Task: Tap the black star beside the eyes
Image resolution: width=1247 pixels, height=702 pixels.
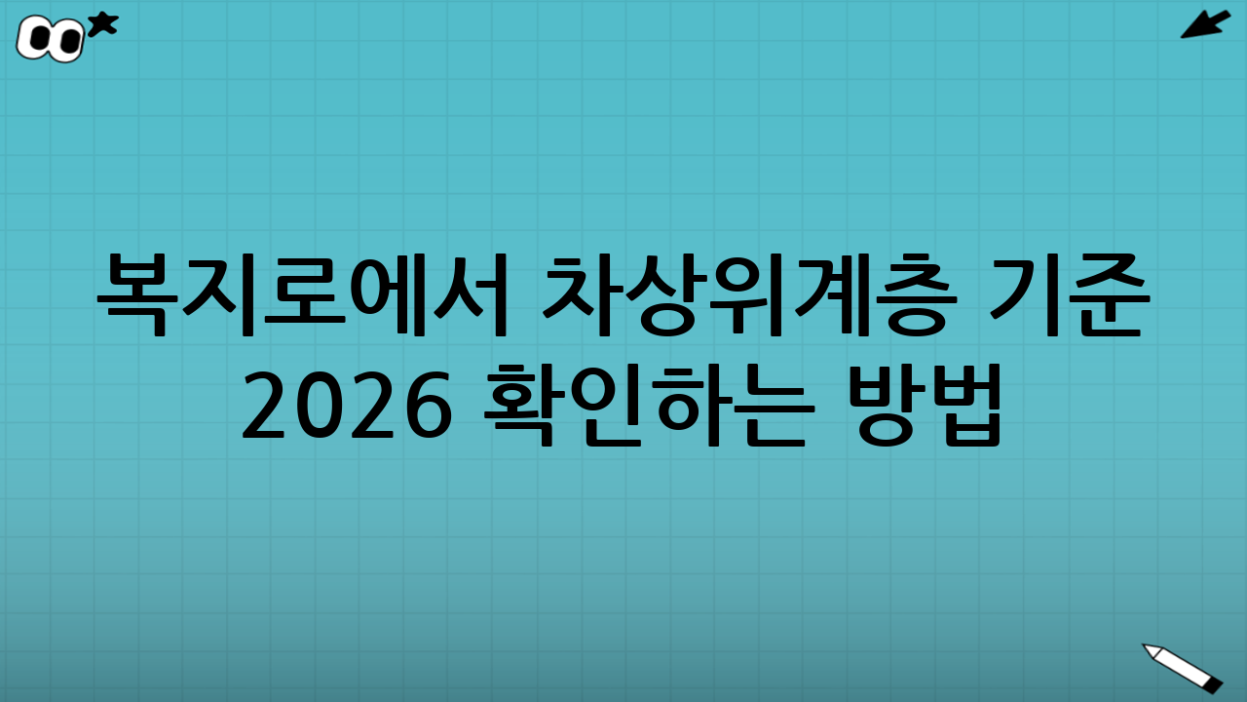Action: click(102, 24)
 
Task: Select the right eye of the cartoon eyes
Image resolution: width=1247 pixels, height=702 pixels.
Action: click(68, 41)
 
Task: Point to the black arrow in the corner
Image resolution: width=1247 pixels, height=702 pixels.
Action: click(1205, 24)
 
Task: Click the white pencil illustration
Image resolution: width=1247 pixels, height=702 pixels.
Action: click(1182, 668)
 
